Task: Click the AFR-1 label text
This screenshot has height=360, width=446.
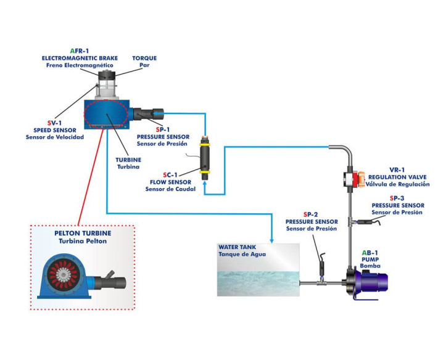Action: (x=80, y=51)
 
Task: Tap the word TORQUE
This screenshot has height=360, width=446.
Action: (x=144, y=58)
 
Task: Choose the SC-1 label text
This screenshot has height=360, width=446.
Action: (x=169, y=174)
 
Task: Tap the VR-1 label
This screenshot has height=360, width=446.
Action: (x=397, y=170)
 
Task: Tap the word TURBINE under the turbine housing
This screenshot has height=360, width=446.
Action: (x=128, y=158)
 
